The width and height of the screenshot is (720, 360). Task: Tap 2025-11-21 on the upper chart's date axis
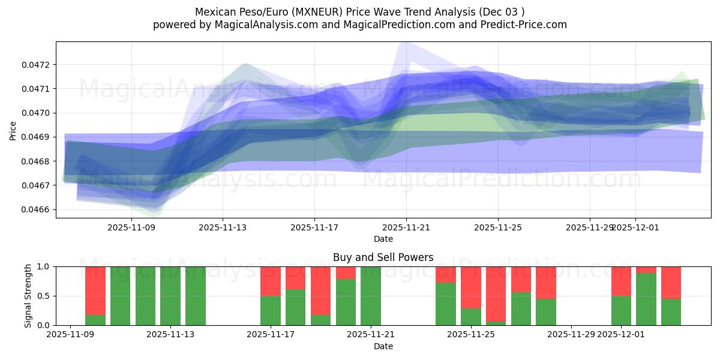click(406, 227)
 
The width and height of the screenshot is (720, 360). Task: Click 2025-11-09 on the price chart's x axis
click(131, 227)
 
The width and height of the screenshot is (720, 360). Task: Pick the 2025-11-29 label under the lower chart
click(571, 335)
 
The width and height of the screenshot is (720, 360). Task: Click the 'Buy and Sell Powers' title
click(383, 257)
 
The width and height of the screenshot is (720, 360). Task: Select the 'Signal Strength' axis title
click(28, 296)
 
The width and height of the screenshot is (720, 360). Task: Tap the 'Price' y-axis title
click(13, 130)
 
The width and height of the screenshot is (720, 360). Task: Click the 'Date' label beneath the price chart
click(383, 239)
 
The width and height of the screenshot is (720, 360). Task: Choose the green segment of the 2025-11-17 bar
click(271, 310)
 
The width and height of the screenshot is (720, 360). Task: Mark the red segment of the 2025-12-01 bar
click(621, 281)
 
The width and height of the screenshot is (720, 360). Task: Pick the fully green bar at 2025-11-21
click(371, 296)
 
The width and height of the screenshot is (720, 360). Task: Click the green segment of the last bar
click(671, 312)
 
